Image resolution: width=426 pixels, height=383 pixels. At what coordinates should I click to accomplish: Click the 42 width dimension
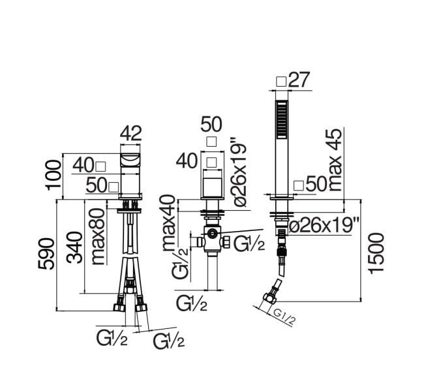click(130, 133)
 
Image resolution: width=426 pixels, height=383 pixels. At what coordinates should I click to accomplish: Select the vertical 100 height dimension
click(53, 176)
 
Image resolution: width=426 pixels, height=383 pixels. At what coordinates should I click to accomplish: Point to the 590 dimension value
click(46, 254)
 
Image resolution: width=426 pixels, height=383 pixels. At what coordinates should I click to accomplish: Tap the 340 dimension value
click(75, 247)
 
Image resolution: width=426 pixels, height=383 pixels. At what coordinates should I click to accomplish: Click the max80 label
click(98, 236)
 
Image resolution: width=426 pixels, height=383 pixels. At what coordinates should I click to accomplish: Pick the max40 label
click(169, 222)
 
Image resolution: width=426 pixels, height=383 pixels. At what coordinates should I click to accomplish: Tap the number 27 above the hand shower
click(299, 80)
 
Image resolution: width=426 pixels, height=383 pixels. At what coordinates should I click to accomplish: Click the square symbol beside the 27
click(281, 82)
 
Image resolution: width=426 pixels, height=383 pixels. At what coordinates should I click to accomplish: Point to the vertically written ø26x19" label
click(239, 172)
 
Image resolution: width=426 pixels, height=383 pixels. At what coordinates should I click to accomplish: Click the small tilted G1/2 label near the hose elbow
click(284, 317)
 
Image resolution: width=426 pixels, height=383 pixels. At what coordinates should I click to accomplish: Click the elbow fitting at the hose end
click(270, 297)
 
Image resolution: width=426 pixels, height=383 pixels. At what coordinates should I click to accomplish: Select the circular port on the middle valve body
click(211, 233)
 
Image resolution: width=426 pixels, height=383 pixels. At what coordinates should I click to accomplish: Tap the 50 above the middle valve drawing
click(211, 124)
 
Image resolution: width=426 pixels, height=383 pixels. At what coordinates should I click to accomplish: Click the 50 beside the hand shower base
click(316, 184)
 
